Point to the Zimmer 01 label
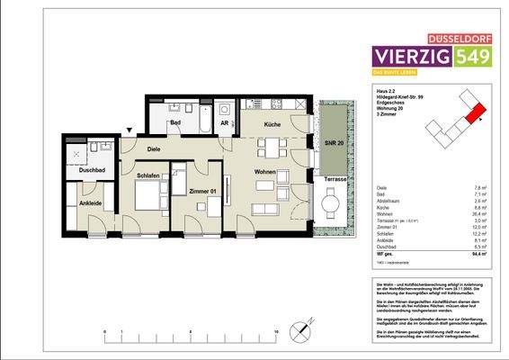[x=202, y=192]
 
